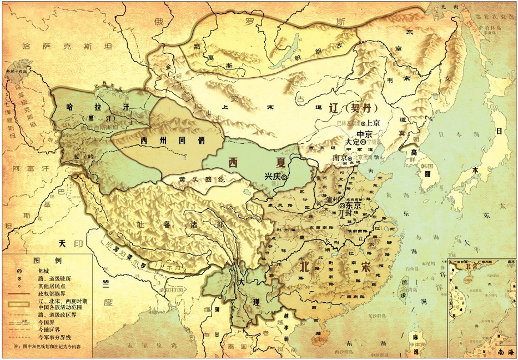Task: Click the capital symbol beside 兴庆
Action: pyautogui.click(x=284, y=177)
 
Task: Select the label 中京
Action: pyautogui.click(x=364, y=134)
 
